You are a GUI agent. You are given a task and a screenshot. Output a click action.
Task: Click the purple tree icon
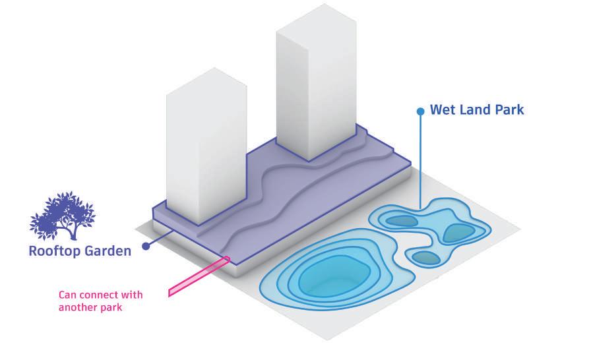point(63,215)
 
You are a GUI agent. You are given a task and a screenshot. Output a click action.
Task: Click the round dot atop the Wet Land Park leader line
point(420,111)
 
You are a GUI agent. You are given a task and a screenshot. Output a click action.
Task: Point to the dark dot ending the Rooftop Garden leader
point(145,246)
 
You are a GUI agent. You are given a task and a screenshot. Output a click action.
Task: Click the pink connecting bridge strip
point(198,276)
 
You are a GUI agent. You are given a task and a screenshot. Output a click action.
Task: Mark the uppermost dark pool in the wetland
point(400,220)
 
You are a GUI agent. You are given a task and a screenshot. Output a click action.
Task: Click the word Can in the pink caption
point(68,294)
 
